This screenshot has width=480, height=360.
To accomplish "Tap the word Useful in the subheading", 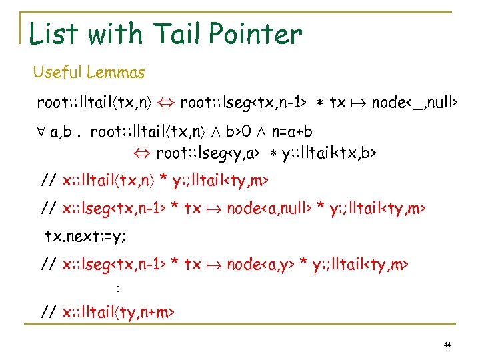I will [x=57, y=71].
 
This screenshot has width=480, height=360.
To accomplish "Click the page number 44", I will [x=447, y=345].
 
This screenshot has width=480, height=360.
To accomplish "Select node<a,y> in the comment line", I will [x=258, y=264].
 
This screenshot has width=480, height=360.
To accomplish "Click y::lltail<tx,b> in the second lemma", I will [x=329, y=154].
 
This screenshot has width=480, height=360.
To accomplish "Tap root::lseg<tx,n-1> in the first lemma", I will [x=243, y=103].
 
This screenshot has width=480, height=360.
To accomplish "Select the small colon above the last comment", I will [x=117, y=289].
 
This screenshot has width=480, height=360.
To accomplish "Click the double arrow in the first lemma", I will [x=167, y=103].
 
